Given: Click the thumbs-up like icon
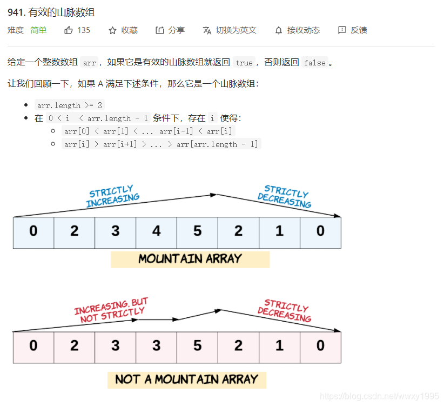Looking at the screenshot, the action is [69, 30].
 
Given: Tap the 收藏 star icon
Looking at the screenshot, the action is [112, 30].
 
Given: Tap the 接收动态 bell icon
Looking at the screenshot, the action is [279, 30].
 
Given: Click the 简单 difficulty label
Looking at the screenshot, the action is [38, 30].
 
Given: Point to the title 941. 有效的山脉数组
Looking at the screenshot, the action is [51, 12].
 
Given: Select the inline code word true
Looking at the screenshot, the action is [244, 63].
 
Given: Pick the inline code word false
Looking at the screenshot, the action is [314, 63].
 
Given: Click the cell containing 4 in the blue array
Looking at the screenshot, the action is [157, 232].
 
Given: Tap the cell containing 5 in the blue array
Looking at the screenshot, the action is [197, 232].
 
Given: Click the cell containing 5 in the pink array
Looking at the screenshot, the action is [197, 346].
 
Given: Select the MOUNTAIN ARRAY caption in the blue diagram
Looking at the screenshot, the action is [190, 259].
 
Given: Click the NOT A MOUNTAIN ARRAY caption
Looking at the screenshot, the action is [187, 380].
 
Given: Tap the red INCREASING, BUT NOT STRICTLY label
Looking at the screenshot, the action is [111, 310].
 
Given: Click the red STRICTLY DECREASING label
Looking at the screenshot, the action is [285, 311].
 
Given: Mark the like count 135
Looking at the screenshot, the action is [84, 30].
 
